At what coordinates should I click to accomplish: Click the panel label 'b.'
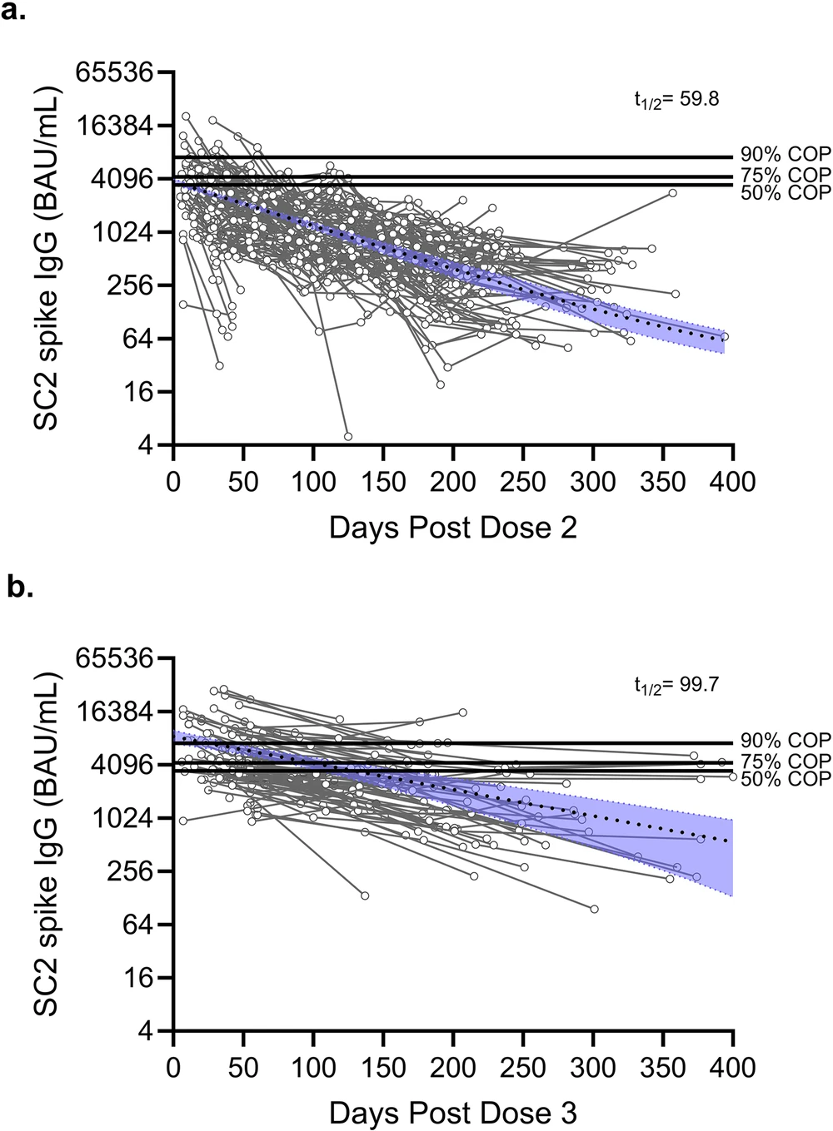[x=19, y=588]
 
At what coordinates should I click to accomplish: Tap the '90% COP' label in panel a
[x=786, y=156]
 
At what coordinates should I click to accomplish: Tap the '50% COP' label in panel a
[x=786, y=193]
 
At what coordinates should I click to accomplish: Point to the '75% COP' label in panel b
[x=786, y=761]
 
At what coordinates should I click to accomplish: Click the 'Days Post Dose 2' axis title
[x=452, y=528]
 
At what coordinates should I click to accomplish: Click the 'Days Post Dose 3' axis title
[x=452, y=1113]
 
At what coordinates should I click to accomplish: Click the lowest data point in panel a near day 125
[x=348, y=436]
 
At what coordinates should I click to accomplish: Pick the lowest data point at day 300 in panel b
[x=594, y=909]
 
